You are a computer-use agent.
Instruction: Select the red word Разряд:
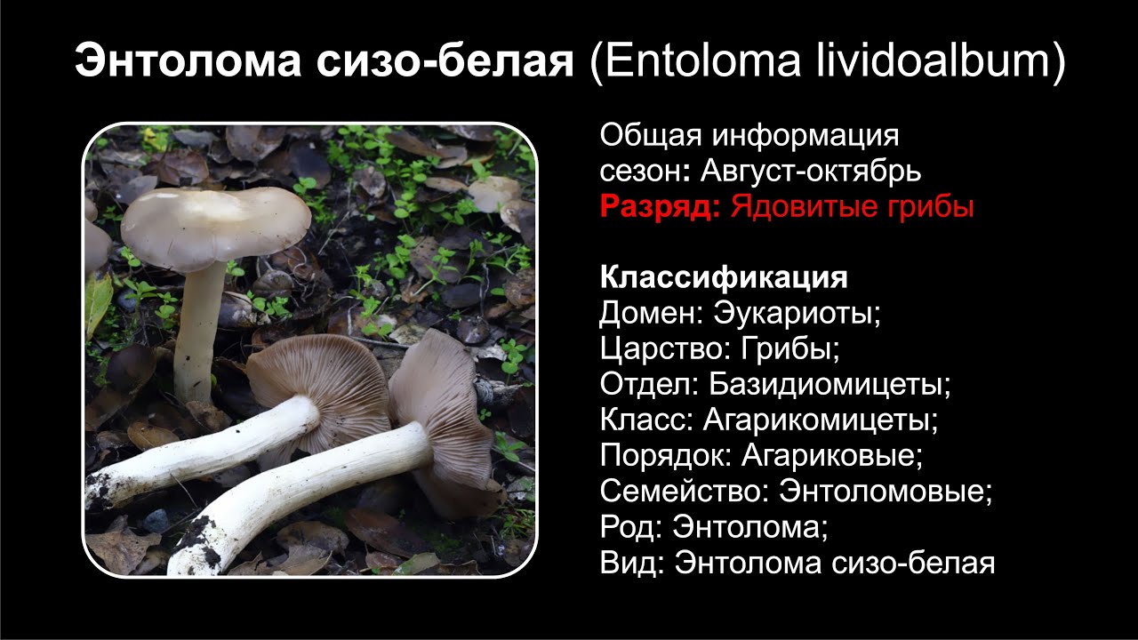coord(660,207)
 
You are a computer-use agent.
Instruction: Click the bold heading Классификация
coord(724,277)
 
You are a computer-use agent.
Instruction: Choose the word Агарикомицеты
coord(821,420)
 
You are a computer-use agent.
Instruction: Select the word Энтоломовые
coord(886,492)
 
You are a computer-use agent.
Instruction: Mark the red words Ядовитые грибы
coord(852,207)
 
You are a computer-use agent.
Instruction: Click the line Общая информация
coord(749,136)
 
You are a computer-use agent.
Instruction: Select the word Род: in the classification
coord(630,527)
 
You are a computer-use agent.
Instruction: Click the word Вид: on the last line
coord(632,563)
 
